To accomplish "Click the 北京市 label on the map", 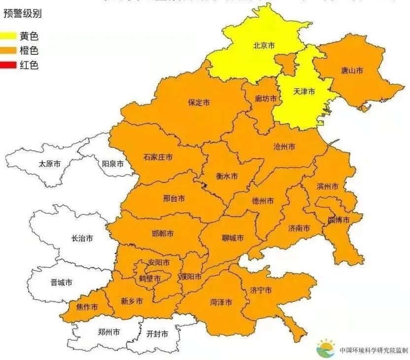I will (x=264, y=45).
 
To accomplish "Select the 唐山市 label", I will (x=352, y=71).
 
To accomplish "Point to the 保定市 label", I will (x=199, y=103).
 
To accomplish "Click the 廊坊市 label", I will (x=266, y=99).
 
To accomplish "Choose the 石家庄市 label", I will (x=158, y=157).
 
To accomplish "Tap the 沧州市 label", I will (x=284, y=147).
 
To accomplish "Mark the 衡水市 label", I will (x=227, y=176).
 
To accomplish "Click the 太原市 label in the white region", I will (x=50, y=163).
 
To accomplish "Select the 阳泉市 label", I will (x=113, y=163).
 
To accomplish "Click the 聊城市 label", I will (x=233, y=238).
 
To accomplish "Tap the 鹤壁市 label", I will (x=150, y=279).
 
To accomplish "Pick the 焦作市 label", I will (x=87, y=307).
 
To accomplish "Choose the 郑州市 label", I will (x=109, y=332).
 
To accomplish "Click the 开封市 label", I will (x=157, y=334).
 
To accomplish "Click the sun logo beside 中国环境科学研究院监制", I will (x=326, y=348).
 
